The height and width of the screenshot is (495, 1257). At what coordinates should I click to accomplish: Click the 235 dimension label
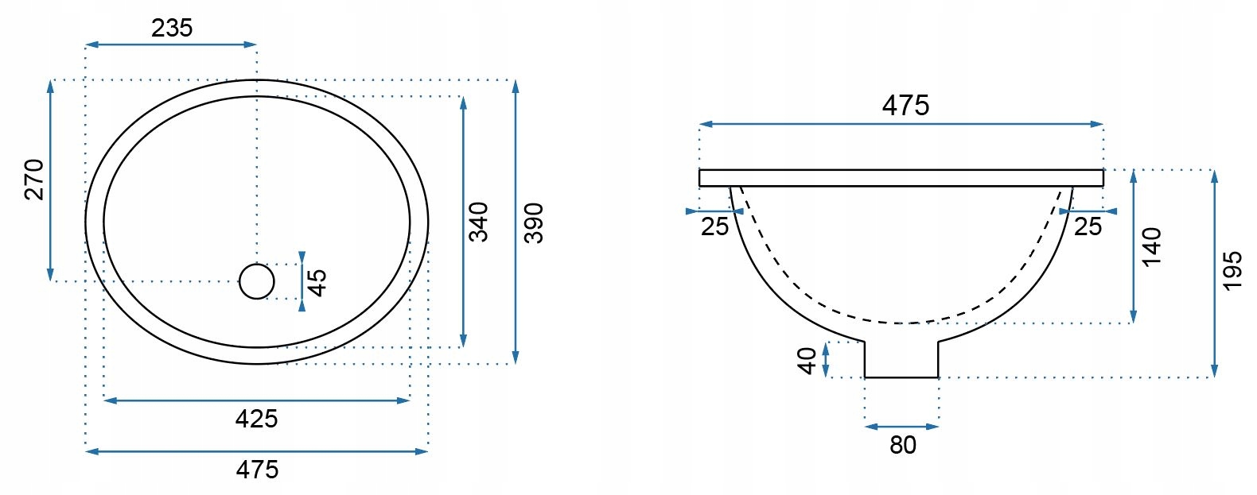click(172, 28)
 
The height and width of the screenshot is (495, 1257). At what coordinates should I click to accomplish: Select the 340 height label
click(479, 222)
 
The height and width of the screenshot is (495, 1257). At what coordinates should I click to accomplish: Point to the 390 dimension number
click(534, 223)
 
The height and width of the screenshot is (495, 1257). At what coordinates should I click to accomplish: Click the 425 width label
click(256, 419)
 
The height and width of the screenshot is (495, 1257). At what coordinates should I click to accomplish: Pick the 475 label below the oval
click(257, 470)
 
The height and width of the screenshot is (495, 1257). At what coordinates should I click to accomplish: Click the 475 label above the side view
click(905, 106)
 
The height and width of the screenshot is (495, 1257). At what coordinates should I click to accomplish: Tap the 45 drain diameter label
click(317, 283)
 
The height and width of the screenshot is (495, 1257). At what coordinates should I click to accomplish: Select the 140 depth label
click(1151, 246)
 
